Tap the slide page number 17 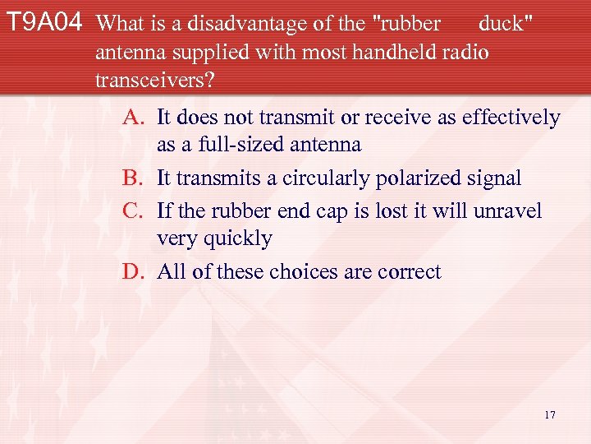tap(549, 414)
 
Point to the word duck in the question tap(502, 23)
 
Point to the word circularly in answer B tap(323, 178)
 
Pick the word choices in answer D tap(309, 271)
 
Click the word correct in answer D tap(409, 271)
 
